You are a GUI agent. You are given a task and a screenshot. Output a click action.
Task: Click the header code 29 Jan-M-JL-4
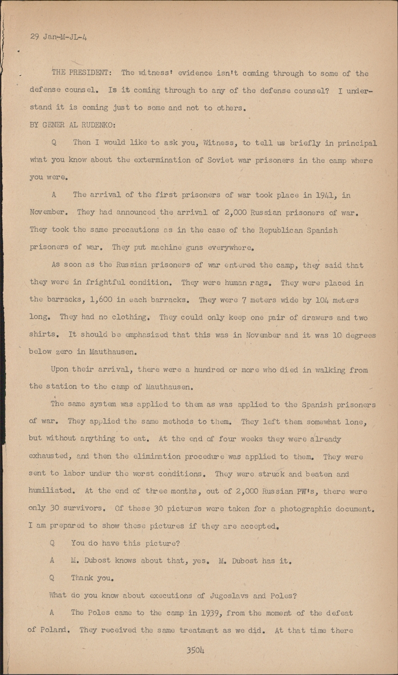click(59, 37)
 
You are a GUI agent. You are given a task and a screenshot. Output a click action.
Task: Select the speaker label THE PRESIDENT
click(79, 73)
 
